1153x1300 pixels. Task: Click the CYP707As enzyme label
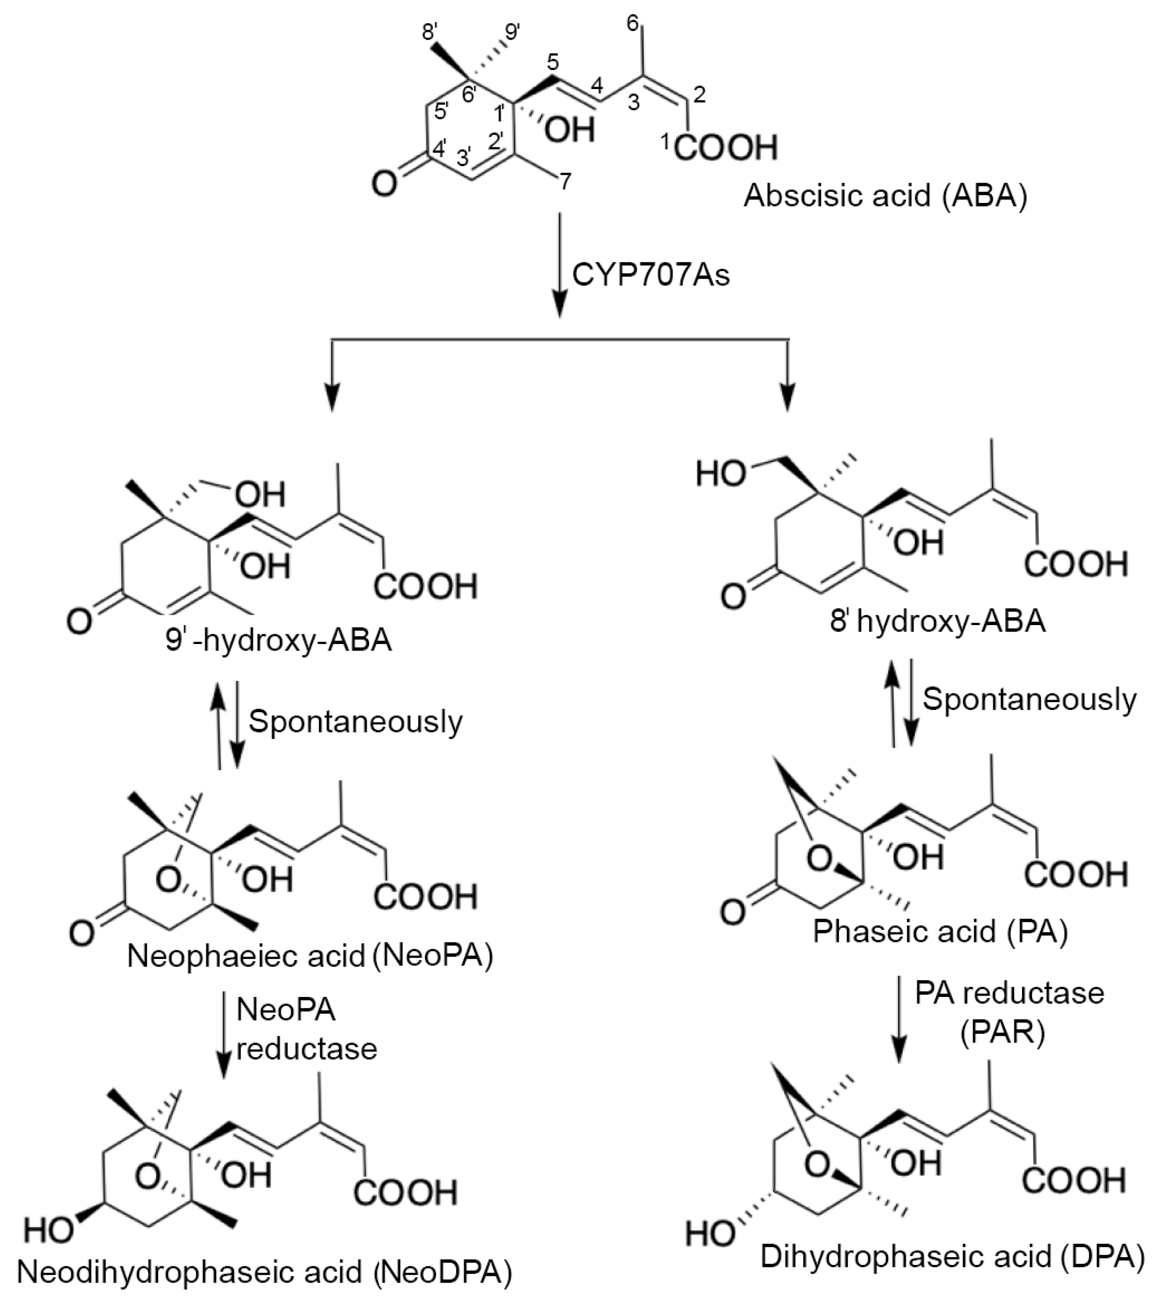(651, 275)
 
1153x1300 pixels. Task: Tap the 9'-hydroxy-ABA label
(278, 640)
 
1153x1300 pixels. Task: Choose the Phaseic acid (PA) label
(940, 932)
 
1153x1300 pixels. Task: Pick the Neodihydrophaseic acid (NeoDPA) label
(264, 1271)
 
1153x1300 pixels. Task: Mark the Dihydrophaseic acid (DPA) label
(952, 1257)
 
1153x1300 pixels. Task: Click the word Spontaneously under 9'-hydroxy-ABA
(355, 721)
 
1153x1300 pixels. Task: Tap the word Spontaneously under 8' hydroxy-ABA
(1029, 699)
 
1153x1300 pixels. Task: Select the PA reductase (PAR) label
(1009, 1012)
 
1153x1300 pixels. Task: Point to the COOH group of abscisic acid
(725, 148)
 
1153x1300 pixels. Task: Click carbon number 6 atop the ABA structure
(632, 24)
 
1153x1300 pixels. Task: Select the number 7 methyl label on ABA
(565, 182)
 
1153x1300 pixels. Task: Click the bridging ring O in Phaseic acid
(819, 860)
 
